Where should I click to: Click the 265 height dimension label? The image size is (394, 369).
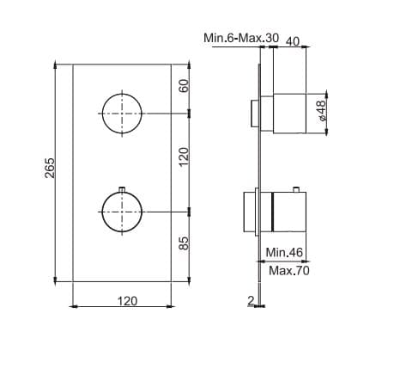pos(50,168)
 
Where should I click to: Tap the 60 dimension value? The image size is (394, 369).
pos(184,85)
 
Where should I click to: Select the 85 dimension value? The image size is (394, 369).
pos(184,243)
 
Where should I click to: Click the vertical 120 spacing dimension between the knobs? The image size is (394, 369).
pos(184,157)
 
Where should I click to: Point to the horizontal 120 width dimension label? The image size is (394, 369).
pos(127,301)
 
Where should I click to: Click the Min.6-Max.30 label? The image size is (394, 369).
pos(241,38)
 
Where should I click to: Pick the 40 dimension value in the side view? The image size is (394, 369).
pos(293,41)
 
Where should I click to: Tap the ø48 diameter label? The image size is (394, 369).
pos(322,110)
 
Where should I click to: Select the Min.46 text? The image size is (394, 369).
pos(284,252)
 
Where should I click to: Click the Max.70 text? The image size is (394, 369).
pos(289,270)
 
